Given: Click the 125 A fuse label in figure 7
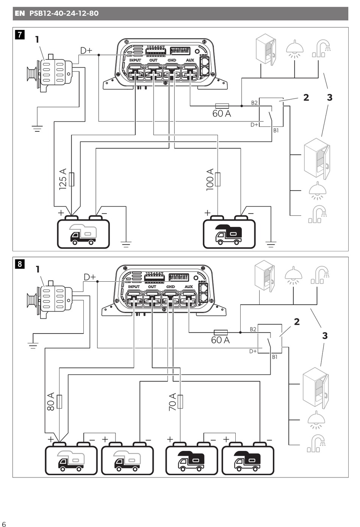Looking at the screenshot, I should [x=63, y=179].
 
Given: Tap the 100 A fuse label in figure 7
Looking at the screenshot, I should [x=210, y=179].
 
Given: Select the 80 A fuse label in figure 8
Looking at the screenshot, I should [x=51, y=401].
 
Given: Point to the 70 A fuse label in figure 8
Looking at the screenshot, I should [x=172, y=402].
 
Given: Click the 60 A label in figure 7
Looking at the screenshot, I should [x=222, y=114].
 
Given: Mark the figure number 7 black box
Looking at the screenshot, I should [x=19, y=35].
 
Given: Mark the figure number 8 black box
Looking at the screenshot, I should [x=19, y=264].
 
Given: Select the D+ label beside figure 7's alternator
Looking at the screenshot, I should [x=86, y=50].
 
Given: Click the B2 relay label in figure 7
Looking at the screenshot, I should [x=254, y=103].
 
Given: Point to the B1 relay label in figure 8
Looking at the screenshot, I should [x=275, y=357].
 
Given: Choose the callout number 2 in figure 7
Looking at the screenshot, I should [x=306, y=97].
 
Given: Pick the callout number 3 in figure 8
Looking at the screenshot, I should [x=325, y=335].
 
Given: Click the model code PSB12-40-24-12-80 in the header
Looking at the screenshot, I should [x=64, y=13].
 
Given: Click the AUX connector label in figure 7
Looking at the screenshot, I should [x=190, y=60].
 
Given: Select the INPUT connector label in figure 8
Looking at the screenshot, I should [x=134, y=287].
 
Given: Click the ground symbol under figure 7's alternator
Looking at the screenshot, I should [x=37, y=128].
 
